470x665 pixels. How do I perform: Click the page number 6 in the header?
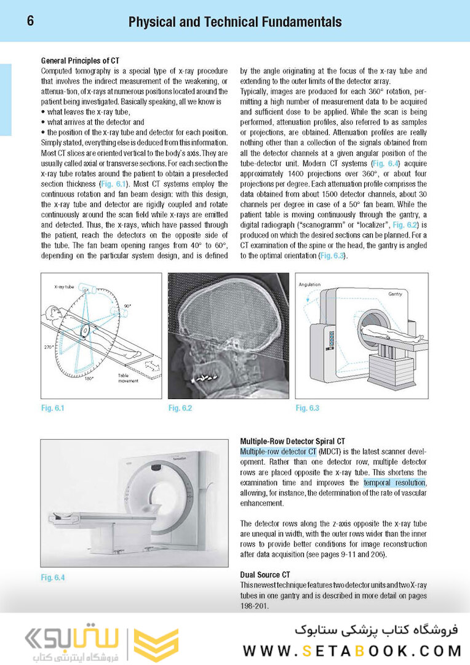(30, 22)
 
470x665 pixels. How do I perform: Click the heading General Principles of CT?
(79, 61)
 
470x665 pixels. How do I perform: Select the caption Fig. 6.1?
(52, 408)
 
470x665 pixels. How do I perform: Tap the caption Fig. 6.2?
(180, 408)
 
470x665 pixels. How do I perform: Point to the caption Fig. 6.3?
(307, 408)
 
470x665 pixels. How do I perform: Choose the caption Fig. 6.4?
(52, 577)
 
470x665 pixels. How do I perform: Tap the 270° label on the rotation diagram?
(49, 348)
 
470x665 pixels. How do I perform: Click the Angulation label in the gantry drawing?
(310, 285)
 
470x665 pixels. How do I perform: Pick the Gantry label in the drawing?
(394, 294)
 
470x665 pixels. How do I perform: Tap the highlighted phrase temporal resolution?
(394, 483)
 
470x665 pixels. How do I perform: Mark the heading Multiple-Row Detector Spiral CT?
(292, 441)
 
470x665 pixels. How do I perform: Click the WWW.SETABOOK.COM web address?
(352, 650)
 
